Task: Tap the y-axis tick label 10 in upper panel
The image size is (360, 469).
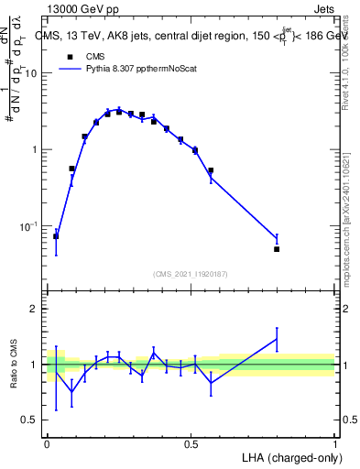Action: tap(30, 73)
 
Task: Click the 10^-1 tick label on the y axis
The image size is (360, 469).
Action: tap(28, 226)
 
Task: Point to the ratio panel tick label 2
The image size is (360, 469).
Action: tap(34, 309)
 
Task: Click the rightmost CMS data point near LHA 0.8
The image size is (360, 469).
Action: tap(277, 248)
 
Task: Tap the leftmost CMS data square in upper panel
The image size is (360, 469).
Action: tap(56, 236)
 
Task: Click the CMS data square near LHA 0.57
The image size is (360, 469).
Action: tap(211, 170)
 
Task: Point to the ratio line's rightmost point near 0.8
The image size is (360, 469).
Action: tap(277, 340)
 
